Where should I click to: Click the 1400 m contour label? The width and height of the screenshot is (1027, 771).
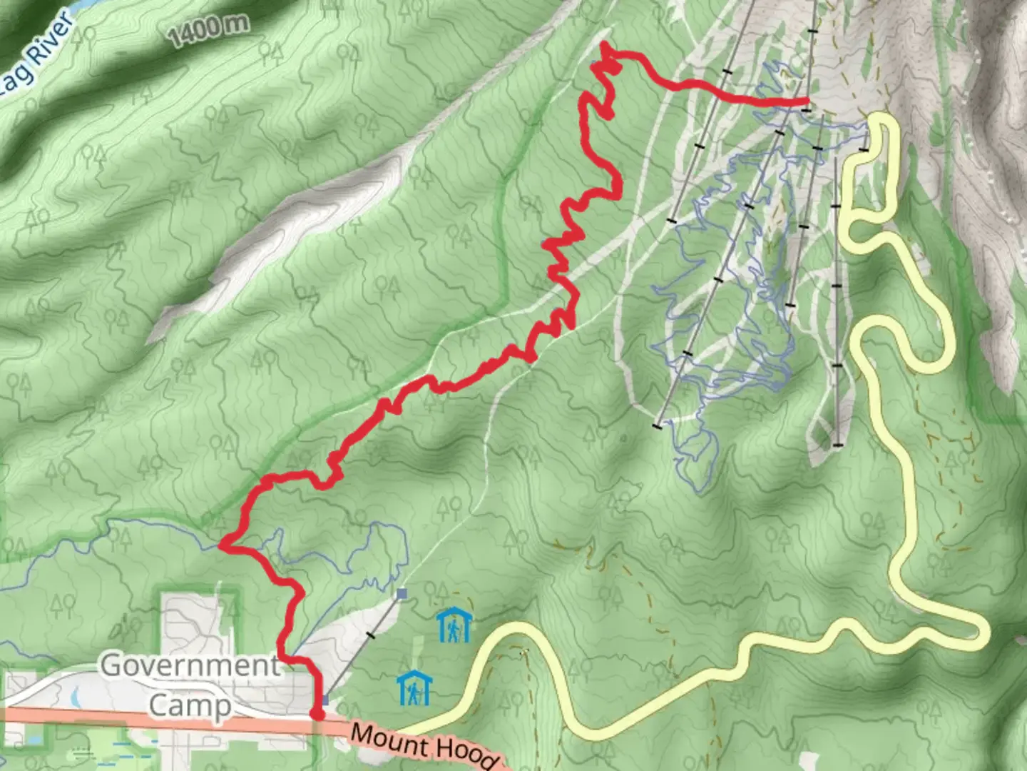[209, 31]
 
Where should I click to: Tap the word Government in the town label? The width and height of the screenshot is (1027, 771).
[190, 665]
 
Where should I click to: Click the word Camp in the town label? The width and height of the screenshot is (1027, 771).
[189, 705]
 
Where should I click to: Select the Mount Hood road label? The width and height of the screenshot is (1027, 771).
[424, 746]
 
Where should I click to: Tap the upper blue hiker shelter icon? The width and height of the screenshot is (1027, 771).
[454, 625]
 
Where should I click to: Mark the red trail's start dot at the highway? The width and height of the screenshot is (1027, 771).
[317, 713]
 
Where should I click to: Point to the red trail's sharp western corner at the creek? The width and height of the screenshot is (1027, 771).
[222, 545]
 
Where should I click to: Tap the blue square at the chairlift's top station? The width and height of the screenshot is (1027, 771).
[402, 593]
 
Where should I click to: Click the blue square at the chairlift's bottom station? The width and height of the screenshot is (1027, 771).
[325, 700]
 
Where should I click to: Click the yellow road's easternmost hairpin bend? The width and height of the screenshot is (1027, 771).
[984, 632]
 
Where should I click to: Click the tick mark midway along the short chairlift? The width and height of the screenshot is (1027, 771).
[369, 635]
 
